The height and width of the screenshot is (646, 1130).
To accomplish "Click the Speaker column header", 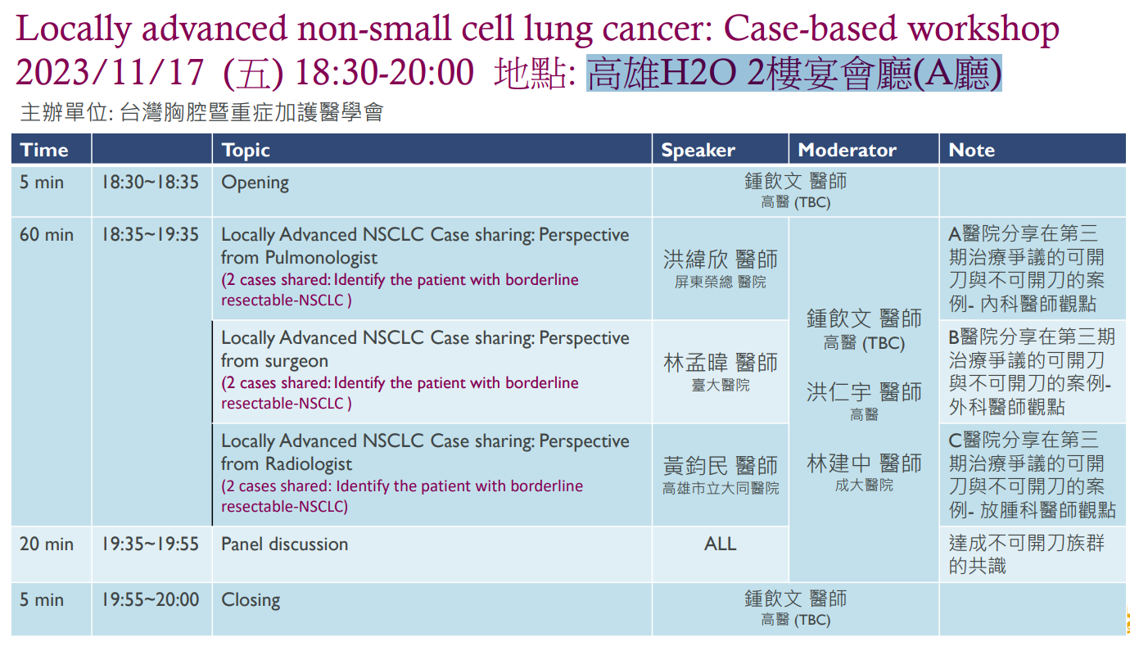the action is point(698,150).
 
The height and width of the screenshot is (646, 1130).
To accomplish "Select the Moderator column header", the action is point(847,150).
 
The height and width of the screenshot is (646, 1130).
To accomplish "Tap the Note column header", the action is point(972,150).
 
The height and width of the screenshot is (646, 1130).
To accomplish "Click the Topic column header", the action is point(246,151).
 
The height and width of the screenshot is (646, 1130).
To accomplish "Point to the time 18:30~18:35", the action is point(151,182).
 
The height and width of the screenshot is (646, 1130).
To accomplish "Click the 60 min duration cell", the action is point(47,234).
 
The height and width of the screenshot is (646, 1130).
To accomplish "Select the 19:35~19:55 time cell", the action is point(151,544).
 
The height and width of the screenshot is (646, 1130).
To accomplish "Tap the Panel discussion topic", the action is point(284,544).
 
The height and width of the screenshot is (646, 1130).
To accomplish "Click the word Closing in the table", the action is point(251,600).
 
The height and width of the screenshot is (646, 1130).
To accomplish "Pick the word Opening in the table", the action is point(255,183).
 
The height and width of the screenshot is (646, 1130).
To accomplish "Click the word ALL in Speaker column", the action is point(720,544).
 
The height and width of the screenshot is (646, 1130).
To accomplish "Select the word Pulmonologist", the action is point(321,258).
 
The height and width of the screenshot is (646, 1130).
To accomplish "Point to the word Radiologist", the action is point(309,464).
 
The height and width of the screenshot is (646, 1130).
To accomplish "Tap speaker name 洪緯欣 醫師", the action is point(721,260).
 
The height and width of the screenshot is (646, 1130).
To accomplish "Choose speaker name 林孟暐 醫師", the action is point(721,363).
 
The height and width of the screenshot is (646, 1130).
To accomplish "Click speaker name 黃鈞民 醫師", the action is point(721,465).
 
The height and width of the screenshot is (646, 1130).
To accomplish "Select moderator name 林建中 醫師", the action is point(864,463).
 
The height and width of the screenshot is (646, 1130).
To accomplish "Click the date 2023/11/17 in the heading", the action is point(110,72).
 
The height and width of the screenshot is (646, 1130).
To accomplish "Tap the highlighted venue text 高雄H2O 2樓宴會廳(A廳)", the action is point(794,73).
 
